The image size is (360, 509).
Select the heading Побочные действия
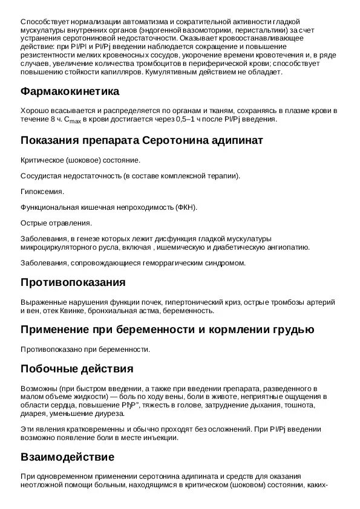pyautogui.click(x=77, y=368)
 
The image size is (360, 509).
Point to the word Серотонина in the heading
pyautogui.click(x=179, y=140)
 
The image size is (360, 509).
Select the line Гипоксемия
pyautogui.click(x=42, y=192)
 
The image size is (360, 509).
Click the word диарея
pyautogui.click(x=33, y=413)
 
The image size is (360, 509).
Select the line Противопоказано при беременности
pyautogui.click(x=85, y=349)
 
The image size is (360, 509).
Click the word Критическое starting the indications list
pyautogui.click(x=44, y=160)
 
